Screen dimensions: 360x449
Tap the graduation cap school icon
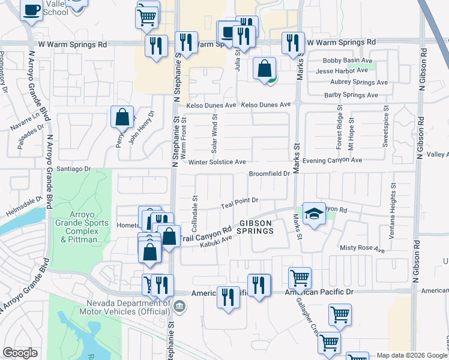(x=313, y=214)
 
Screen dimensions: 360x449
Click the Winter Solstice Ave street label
(x=217, y=162)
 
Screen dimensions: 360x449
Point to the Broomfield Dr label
(x=270, y=174)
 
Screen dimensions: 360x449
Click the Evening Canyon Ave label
(x=333, y=160)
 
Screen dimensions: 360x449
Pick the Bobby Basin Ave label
(x=348, y=61)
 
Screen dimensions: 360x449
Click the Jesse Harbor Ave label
(x=342, y=71)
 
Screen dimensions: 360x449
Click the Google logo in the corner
(x=20, y=353)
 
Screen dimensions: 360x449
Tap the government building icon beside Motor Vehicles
(x=179, y=307)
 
